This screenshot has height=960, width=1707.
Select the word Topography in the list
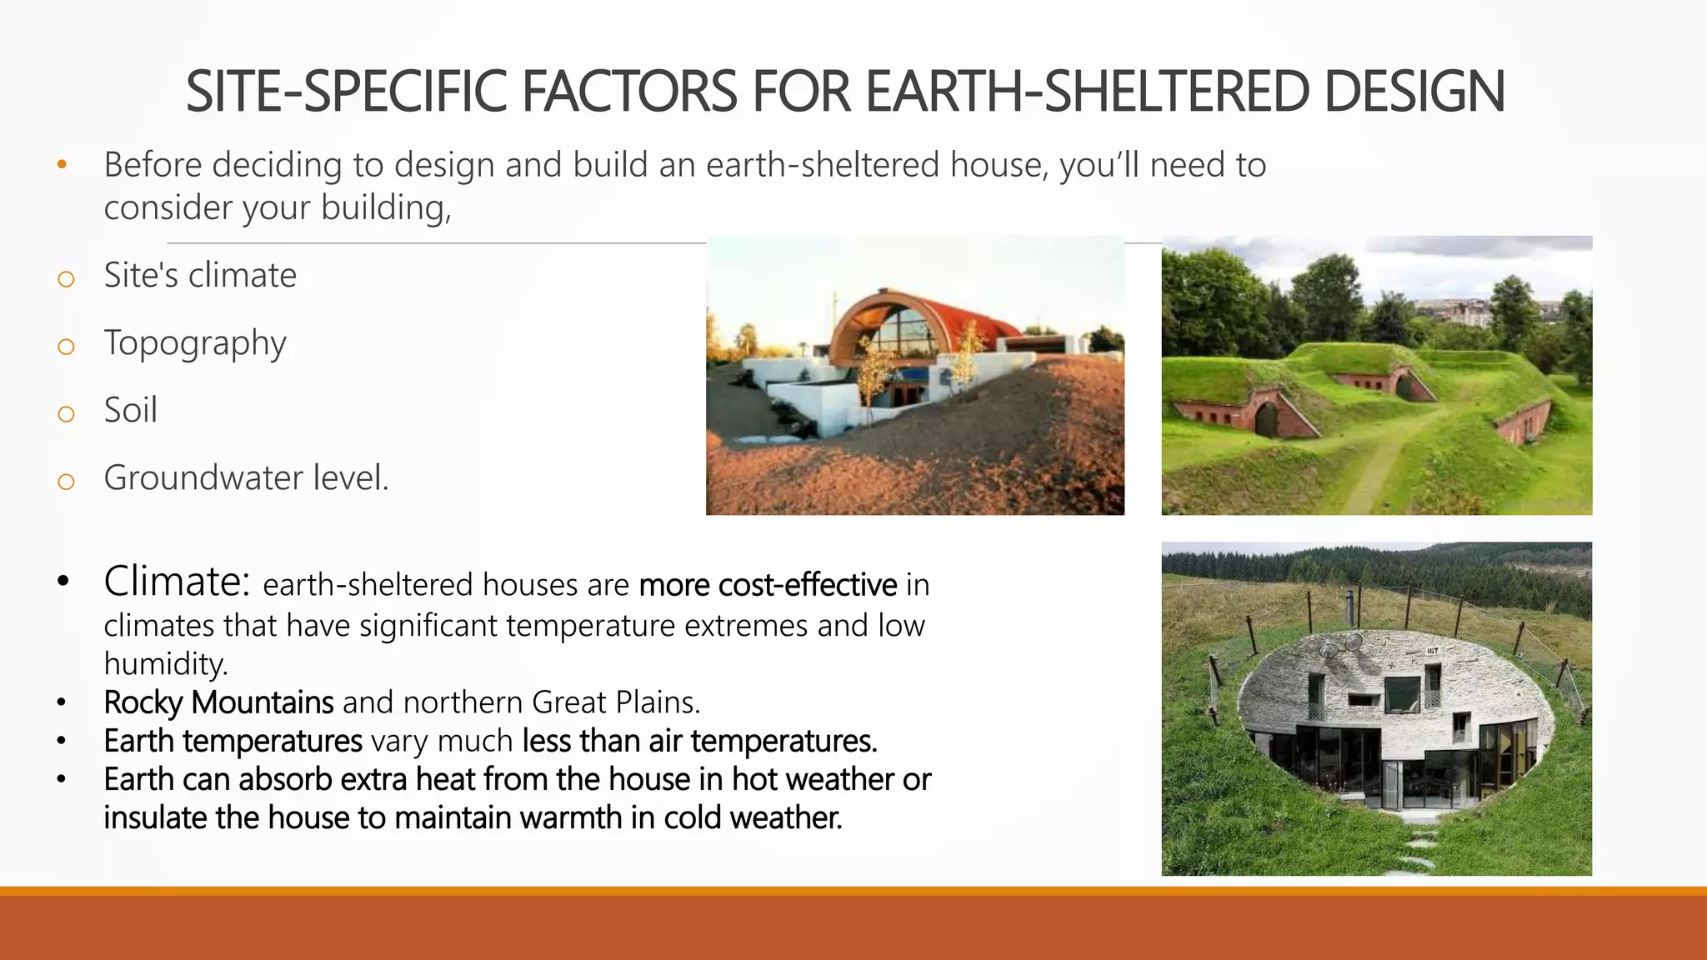click(x=195, y=343)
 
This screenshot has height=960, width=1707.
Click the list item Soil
click(x=130, y=410)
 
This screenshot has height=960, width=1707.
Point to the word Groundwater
click(x=203, y=478)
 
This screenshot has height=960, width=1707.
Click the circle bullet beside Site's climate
click(x=66, y=278)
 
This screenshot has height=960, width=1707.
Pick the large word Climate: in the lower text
click(x=177, y=582)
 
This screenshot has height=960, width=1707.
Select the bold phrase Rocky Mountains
click(x=218, y=702)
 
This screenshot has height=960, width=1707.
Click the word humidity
click(x=165, y=664)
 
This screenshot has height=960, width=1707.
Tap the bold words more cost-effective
click(x=768, y=585)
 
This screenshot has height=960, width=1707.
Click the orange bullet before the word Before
click(x=62, y=165)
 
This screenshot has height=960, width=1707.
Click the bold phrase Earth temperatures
click(x=233, y=741)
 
